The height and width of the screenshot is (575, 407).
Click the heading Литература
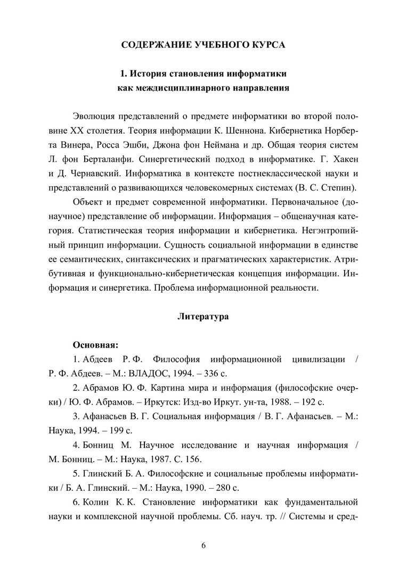(x=203, y=317)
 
